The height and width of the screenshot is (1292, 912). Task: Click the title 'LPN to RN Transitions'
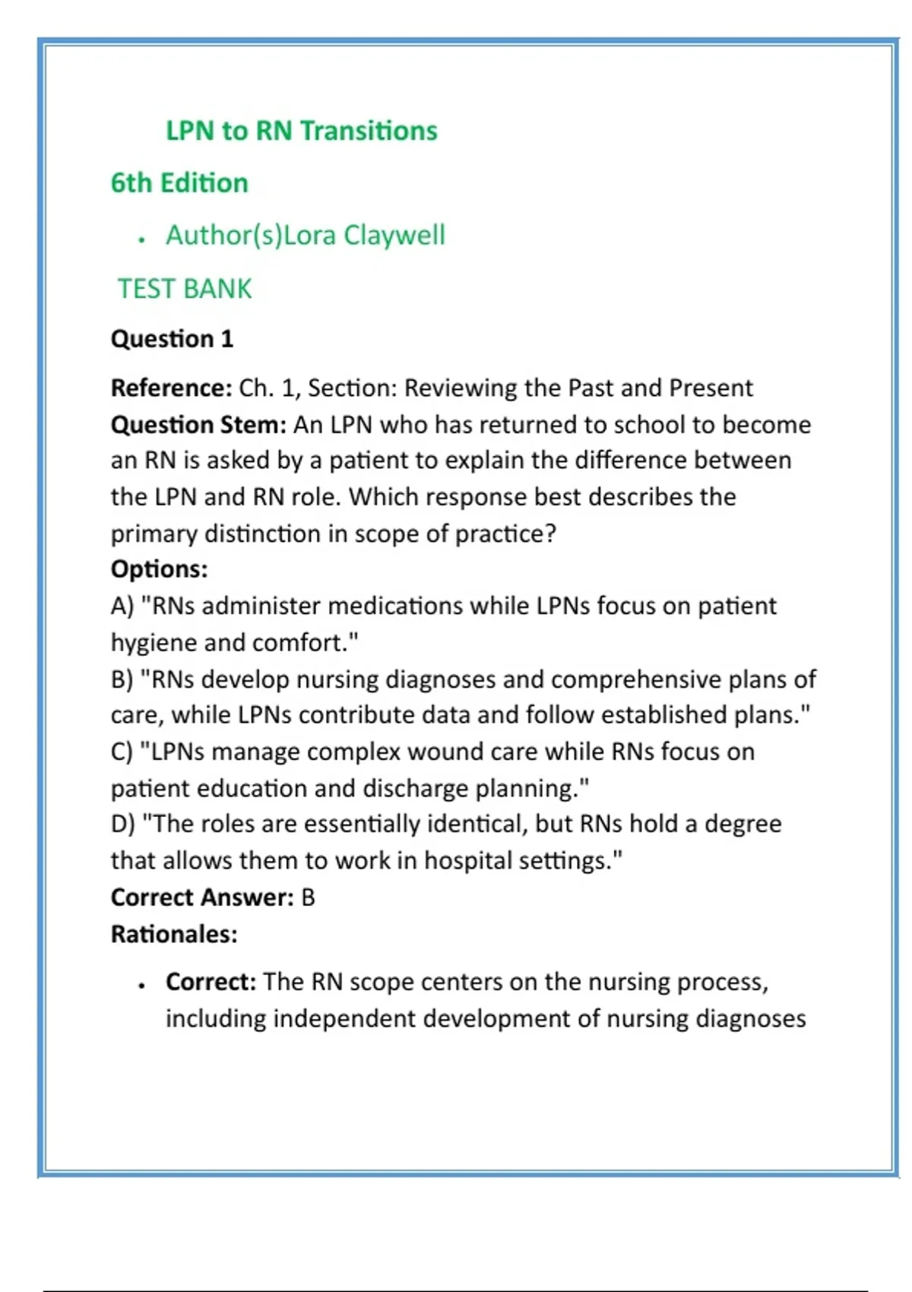(x=302, y=131)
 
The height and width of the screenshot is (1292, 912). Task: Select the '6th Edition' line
(x=179, y=183)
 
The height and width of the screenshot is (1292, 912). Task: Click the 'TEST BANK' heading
(x=185, y=290)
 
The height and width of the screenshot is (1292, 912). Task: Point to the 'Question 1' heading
(x=172, y=339)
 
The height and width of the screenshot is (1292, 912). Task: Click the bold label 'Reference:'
(x=171, y=388)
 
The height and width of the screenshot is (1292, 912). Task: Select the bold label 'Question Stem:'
(x=198, y=425)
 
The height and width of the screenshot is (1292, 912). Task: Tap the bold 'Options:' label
(x=159, y=569)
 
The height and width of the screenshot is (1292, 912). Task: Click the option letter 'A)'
(x=122, y=606)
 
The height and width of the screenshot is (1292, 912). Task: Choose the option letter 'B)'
(x=122, y=679)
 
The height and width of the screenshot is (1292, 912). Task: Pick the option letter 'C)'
(x=122, y=752)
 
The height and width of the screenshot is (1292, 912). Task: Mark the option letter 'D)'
(x=123, y=825)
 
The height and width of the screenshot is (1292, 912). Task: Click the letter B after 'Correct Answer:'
(x=308, y=898)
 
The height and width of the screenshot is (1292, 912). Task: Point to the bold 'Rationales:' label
(x=174, y=935)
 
